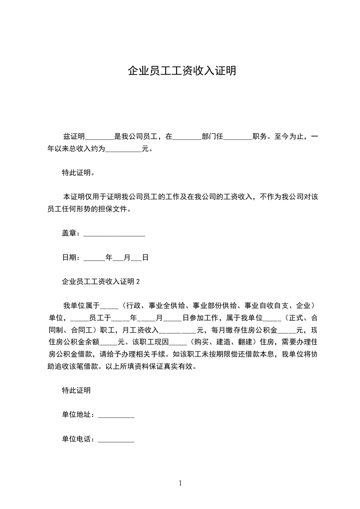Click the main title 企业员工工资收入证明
click(x=182, y=71)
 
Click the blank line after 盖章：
click(x=114, y=234)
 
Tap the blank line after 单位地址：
click(x=116, y=415)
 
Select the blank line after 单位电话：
click(x=116, y=439)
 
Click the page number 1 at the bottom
click(x=180, y=483)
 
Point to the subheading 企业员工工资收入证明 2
click(x=101, y=282)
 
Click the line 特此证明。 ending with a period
click(x=78, y=173)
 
